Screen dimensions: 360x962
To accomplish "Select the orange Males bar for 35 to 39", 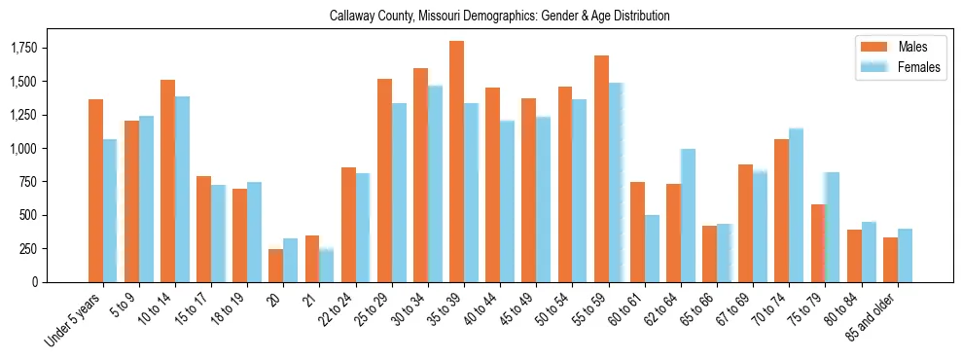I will (456, 162).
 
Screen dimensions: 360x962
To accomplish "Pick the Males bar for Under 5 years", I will (95, 191).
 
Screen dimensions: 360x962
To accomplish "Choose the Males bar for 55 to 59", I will (601, 168).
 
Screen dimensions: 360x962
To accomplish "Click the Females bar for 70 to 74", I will (796, 205).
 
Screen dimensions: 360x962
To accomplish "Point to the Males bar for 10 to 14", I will (167, 181).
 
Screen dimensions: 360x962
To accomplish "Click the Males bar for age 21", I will (312, 258).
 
